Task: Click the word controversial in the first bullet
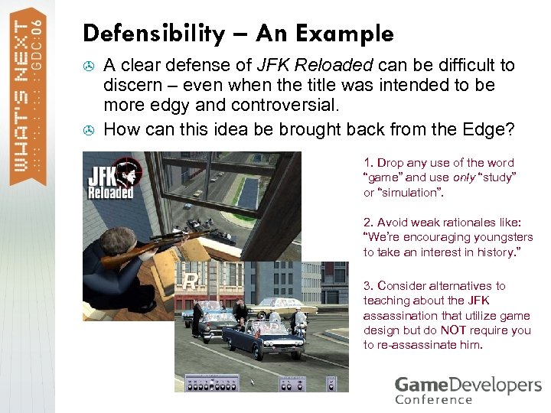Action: (x=268, y=106)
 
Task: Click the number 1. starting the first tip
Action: (x=369, y=163)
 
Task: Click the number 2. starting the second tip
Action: (x=369, y=223)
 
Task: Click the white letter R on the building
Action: (x=190, y=281)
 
